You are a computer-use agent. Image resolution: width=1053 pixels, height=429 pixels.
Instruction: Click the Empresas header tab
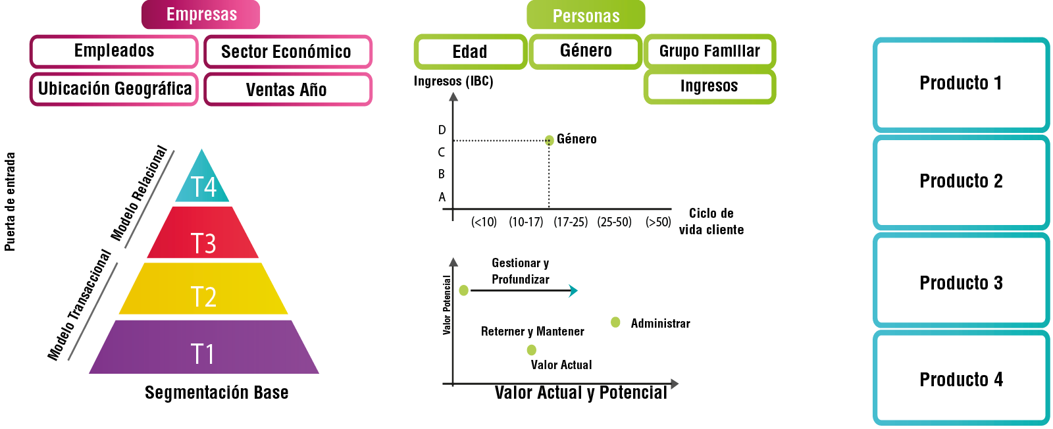pos(201,14)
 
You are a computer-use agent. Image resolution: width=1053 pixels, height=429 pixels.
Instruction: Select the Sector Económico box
pos(288,52)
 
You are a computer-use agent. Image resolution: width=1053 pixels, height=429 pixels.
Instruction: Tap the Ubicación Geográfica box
pos(114,89)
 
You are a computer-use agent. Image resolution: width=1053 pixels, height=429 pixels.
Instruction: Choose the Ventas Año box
pos(288,89)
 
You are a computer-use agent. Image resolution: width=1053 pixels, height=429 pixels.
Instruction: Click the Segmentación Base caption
pos(217,393)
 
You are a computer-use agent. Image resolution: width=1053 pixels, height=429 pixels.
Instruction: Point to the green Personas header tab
pos(586,16)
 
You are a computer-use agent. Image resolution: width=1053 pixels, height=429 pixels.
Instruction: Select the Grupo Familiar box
pos(709,51)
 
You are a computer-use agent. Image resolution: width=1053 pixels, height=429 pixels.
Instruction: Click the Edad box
pos(470,52)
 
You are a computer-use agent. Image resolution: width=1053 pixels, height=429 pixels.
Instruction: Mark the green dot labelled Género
pos(549,139)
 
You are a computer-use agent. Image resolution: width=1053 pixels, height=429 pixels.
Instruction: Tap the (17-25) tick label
pos(571,222)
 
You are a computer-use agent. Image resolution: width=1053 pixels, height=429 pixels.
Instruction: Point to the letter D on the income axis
pos(442,130)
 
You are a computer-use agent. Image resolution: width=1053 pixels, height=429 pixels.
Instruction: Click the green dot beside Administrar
pos(615,322)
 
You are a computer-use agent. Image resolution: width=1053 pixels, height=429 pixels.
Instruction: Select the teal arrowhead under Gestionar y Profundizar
pos(574,291)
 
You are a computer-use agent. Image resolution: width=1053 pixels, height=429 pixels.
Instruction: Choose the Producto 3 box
pos(961,283)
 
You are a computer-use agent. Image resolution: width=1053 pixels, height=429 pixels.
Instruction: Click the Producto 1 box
pos(961,84)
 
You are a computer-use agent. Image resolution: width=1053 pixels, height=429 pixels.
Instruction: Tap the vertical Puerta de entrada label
pos(10,201)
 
